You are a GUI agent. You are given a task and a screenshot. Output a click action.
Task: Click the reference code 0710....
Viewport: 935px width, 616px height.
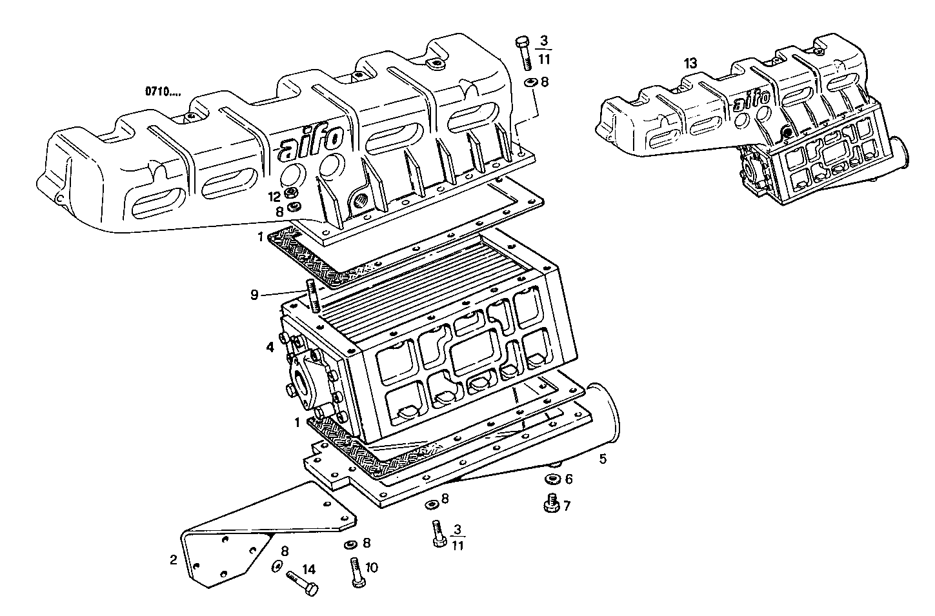163,92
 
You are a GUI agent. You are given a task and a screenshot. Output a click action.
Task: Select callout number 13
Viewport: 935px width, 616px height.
690,63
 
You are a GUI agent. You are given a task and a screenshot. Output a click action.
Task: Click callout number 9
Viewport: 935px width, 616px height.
255,295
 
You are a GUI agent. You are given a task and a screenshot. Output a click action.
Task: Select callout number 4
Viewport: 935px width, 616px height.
270,347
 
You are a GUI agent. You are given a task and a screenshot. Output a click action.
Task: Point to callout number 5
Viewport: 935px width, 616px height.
602,459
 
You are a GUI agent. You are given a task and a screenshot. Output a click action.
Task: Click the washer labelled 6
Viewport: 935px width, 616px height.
552,479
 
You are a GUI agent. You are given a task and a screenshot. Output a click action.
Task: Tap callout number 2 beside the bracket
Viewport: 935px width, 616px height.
173,560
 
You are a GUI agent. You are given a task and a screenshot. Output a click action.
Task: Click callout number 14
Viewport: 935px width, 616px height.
309,569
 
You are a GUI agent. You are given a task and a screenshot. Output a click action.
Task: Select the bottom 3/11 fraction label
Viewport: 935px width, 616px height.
457,537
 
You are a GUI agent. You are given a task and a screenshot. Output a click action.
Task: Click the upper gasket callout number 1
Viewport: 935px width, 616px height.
261,237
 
